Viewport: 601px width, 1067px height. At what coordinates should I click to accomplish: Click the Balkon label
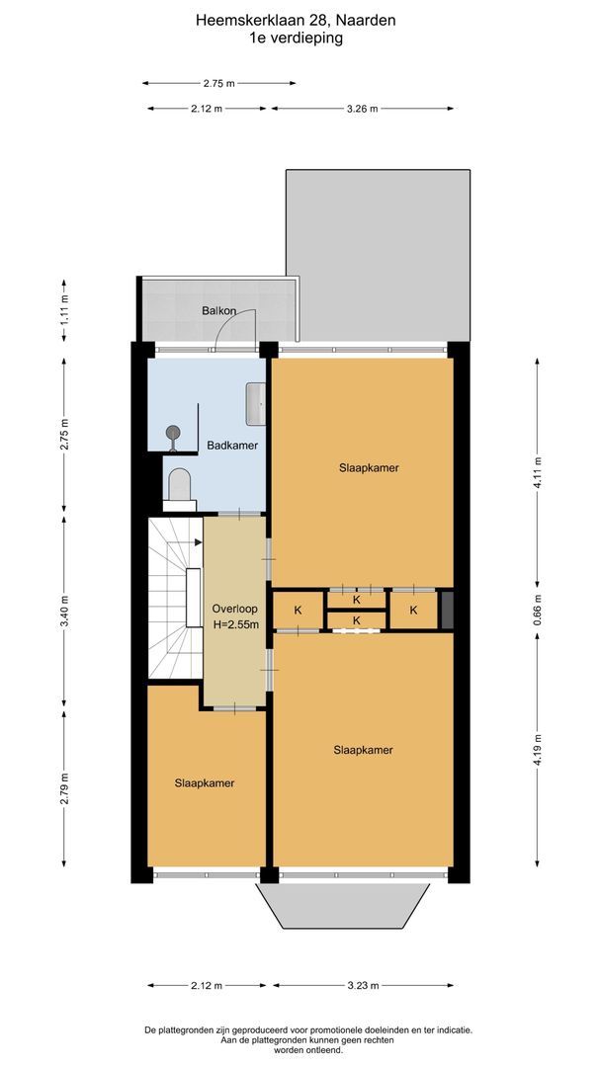pos(218,311)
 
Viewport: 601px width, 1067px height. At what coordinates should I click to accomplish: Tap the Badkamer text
pos(232,446)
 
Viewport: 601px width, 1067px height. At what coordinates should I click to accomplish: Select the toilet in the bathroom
pos(179,485)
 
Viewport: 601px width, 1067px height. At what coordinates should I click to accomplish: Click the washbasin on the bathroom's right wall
pos(255,400)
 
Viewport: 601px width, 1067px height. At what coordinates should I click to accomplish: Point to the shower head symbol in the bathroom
pos(174,432)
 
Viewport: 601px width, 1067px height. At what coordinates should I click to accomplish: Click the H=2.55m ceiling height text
pos(235,624)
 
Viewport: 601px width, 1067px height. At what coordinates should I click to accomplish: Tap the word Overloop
pos(234,609)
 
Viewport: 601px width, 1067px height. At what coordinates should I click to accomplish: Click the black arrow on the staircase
pos(198,541)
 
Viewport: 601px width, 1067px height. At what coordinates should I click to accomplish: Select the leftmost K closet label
pos(298,611)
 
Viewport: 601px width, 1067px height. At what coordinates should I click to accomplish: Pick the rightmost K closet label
pos(413,611)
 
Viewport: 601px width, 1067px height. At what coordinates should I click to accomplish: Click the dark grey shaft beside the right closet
pos(447,609)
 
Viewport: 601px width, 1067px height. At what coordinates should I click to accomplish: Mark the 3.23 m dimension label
pos(360,985)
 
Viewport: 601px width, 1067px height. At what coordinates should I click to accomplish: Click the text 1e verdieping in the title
pos(296,39)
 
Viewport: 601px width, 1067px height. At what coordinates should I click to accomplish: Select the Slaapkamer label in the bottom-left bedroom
pos(205,783)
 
